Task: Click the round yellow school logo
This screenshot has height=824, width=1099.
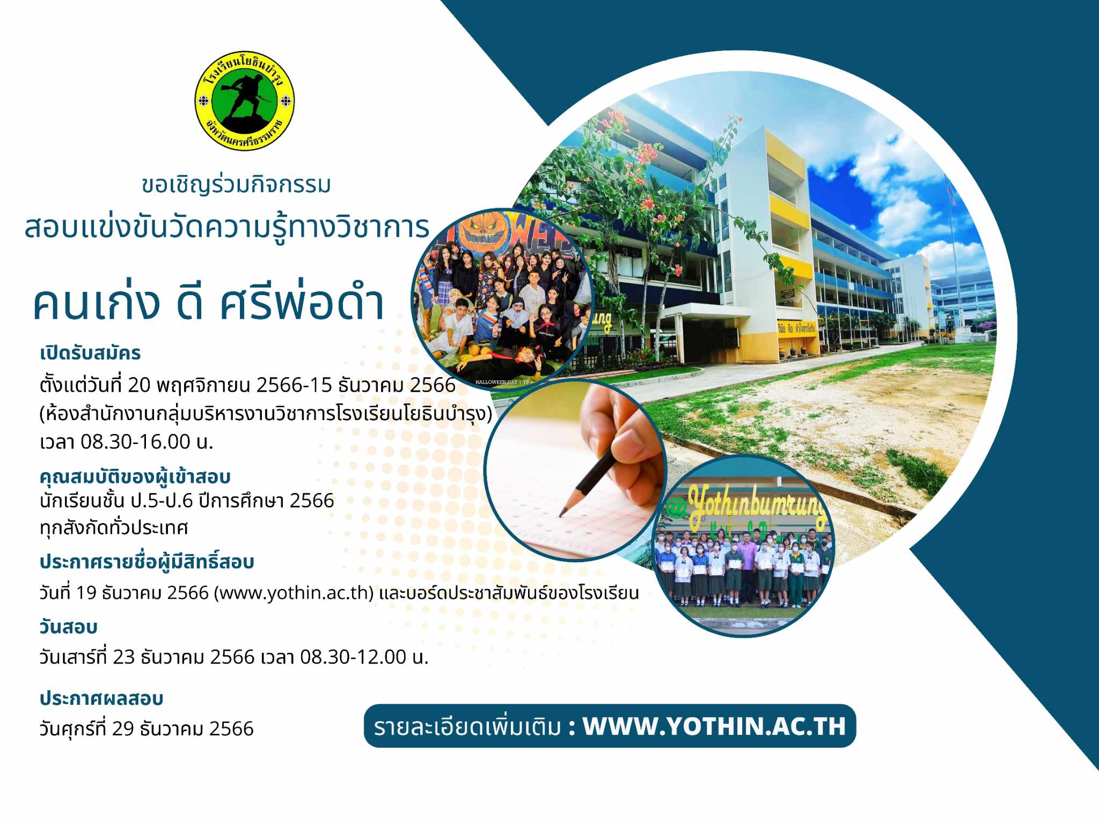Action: coord(244,101)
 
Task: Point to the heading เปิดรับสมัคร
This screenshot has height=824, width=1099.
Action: coord(90,353)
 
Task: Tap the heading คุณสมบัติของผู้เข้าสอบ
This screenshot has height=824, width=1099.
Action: coord(135,476)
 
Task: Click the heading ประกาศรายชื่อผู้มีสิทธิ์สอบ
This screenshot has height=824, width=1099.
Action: coord(146,561)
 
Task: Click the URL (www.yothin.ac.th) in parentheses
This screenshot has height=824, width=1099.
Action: coord(294,593)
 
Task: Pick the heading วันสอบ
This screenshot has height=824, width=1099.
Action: coord(68,627)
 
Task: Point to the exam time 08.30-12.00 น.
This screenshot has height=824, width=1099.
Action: coord(364,657)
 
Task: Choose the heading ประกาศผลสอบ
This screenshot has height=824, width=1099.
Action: coord(101,698)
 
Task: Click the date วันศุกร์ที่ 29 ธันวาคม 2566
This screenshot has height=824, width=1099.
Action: coord(146,729)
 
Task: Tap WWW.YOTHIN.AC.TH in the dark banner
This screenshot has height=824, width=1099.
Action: coord(714,726)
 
